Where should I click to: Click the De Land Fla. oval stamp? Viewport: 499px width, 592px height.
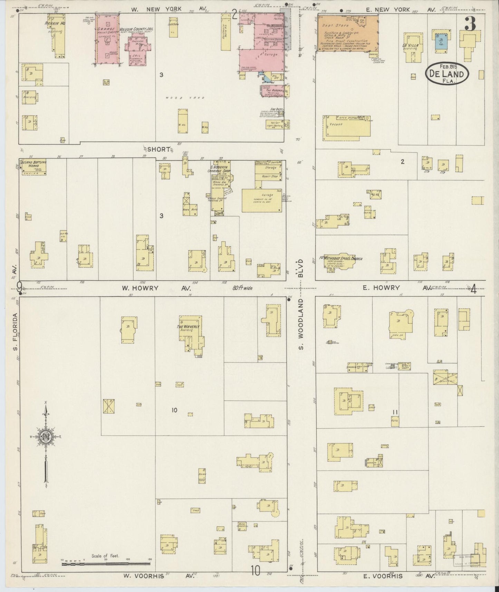447,74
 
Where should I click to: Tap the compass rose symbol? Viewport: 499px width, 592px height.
46,436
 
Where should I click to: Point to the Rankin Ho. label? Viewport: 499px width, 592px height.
55,23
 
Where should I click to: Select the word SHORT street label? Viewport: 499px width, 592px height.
159,149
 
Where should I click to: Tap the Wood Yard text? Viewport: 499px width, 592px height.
185,98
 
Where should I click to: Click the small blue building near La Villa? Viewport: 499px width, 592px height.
440,41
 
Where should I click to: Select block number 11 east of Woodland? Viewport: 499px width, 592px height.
395,412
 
